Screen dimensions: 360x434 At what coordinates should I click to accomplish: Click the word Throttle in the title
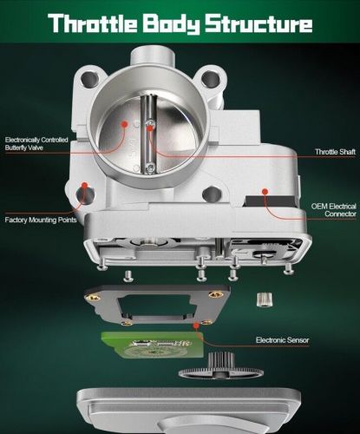93,23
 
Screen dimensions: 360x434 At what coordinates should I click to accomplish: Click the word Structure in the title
259,23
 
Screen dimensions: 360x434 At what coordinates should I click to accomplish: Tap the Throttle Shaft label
335,152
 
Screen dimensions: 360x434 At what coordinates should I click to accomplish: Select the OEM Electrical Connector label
333,210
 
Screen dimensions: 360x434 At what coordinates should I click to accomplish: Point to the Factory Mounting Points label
41,220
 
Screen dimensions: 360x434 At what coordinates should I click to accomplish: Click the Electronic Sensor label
282,340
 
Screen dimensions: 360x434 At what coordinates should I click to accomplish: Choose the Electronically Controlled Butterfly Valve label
36,144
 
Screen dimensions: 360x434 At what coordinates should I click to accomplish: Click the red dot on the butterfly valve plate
124,124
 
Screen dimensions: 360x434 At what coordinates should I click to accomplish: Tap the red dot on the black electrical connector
265,191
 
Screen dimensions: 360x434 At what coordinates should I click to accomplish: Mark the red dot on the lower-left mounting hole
84,185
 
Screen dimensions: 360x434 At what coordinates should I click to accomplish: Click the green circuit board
153,345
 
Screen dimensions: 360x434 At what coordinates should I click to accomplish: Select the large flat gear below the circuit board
221,372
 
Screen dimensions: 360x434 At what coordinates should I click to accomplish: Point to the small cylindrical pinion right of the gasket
265,299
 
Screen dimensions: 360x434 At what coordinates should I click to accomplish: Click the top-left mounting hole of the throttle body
89,78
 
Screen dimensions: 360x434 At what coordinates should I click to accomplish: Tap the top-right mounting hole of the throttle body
210,78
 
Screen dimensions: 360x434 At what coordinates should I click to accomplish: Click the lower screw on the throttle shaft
150,168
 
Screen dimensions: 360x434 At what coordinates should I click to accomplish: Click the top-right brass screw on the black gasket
216,294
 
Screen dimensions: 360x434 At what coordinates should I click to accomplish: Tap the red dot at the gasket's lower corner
196,325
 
